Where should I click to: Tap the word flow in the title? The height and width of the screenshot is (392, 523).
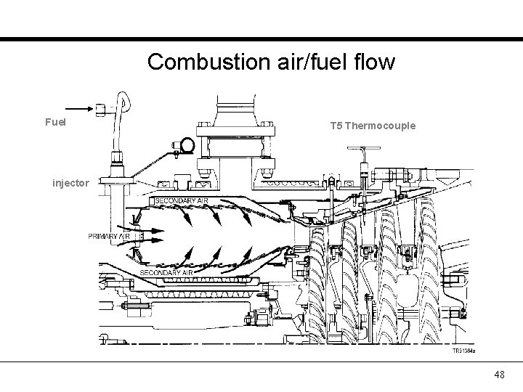[376, 62]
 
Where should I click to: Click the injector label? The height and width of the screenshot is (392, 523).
[70, 183]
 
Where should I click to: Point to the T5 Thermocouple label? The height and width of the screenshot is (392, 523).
[373, 126]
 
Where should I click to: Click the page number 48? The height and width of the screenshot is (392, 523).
[499, 375]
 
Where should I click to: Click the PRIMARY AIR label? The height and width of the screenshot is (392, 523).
[110, 237]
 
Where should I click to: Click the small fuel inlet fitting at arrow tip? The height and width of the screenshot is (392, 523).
[101, 109]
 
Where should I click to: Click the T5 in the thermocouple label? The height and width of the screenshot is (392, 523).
[336, 126]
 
